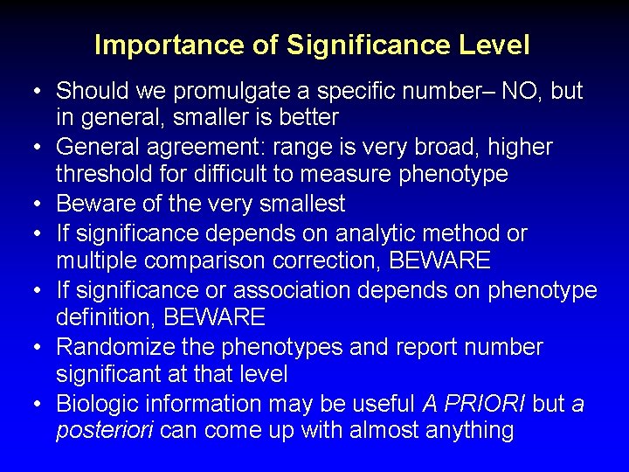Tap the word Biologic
98,403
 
